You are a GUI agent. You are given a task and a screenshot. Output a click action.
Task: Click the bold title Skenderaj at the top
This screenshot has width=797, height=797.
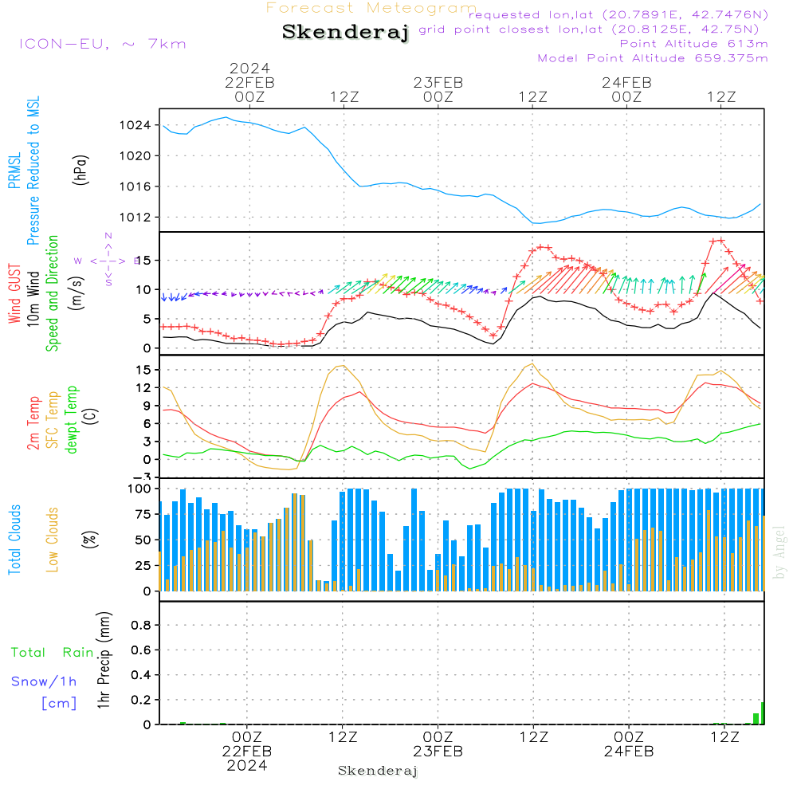[x=345, y=33]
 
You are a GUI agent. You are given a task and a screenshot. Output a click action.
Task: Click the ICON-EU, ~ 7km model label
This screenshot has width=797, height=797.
[x=102, y=44]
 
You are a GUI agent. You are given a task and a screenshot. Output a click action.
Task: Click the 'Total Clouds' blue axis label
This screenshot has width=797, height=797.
[x=14, y=540]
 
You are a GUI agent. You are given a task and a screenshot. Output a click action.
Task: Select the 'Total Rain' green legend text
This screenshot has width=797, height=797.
[x=52, y=653]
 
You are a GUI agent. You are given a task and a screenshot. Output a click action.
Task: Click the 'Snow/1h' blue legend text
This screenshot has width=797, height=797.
[x=44, y=682]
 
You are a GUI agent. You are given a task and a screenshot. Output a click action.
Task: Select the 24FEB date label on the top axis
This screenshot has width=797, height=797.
[x=626, y=82]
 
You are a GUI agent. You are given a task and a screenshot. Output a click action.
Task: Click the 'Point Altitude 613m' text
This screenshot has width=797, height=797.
[x=693, y=44]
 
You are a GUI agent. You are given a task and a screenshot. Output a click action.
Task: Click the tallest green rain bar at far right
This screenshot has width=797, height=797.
[x=763, y=713]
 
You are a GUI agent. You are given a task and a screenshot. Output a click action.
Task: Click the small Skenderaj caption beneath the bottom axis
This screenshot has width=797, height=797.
[x=378, y=771]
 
